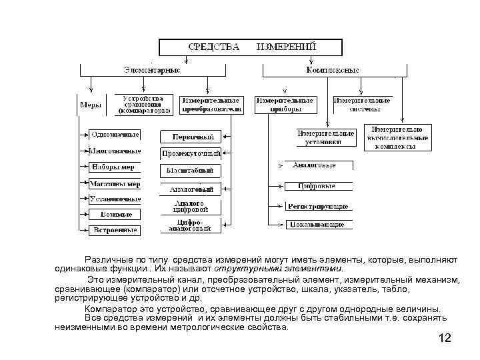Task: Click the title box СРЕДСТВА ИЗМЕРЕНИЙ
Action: point(251,47)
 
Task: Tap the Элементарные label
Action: point(152,69)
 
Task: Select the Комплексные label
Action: point(333,69)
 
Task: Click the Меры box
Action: point(91,105)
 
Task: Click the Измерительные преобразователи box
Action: point(210,105)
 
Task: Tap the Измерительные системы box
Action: point(363,105)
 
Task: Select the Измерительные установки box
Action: point(324,137)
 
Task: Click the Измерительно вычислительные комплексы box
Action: point(398,137)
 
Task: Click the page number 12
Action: point(445,339)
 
